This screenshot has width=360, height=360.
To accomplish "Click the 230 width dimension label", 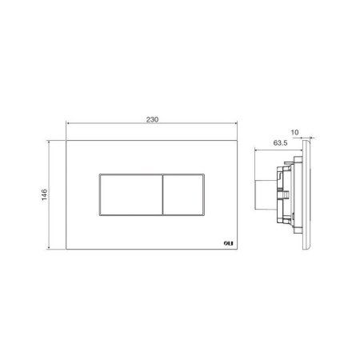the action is [152, 119].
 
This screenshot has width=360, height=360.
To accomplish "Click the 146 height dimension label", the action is [44, 194].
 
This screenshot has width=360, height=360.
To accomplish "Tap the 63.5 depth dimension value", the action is [280, 143].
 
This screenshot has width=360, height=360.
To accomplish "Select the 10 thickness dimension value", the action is [294, 132].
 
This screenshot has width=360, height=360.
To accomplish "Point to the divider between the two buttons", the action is [162, 194].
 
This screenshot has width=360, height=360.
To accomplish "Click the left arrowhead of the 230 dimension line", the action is [68, 123].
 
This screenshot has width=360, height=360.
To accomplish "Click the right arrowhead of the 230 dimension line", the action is [235, 123].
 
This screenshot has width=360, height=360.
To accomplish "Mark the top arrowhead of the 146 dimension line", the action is [49, 142].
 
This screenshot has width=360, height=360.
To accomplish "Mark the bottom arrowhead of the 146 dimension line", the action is [49, 247].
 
